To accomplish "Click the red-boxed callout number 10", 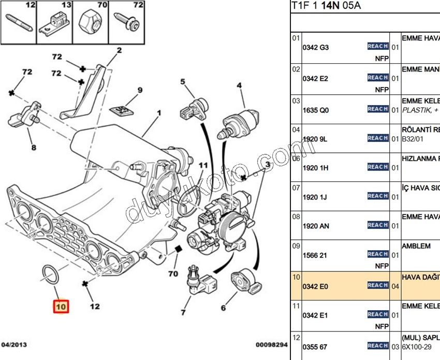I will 61,307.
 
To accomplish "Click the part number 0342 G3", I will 316,47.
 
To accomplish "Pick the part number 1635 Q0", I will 316,110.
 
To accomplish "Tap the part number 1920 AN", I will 316,226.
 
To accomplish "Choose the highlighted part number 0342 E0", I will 315,286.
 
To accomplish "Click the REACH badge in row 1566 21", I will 378,254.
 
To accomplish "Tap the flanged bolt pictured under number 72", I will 126,22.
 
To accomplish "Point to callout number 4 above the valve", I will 240,85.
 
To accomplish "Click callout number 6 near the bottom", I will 223,308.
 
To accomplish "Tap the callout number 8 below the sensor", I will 34,148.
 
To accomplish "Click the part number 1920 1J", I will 315,197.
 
